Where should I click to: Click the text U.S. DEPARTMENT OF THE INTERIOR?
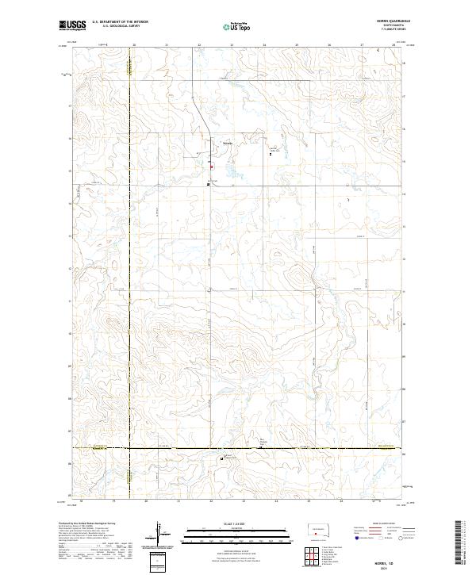[120, 22]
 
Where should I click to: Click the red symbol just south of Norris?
[211, 167]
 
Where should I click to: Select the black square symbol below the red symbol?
[208, 184]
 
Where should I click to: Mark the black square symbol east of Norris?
[271, 155]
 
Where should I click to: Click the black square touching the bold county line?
[262, 448]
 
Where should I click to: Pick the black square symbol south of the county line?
[221, 458]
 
